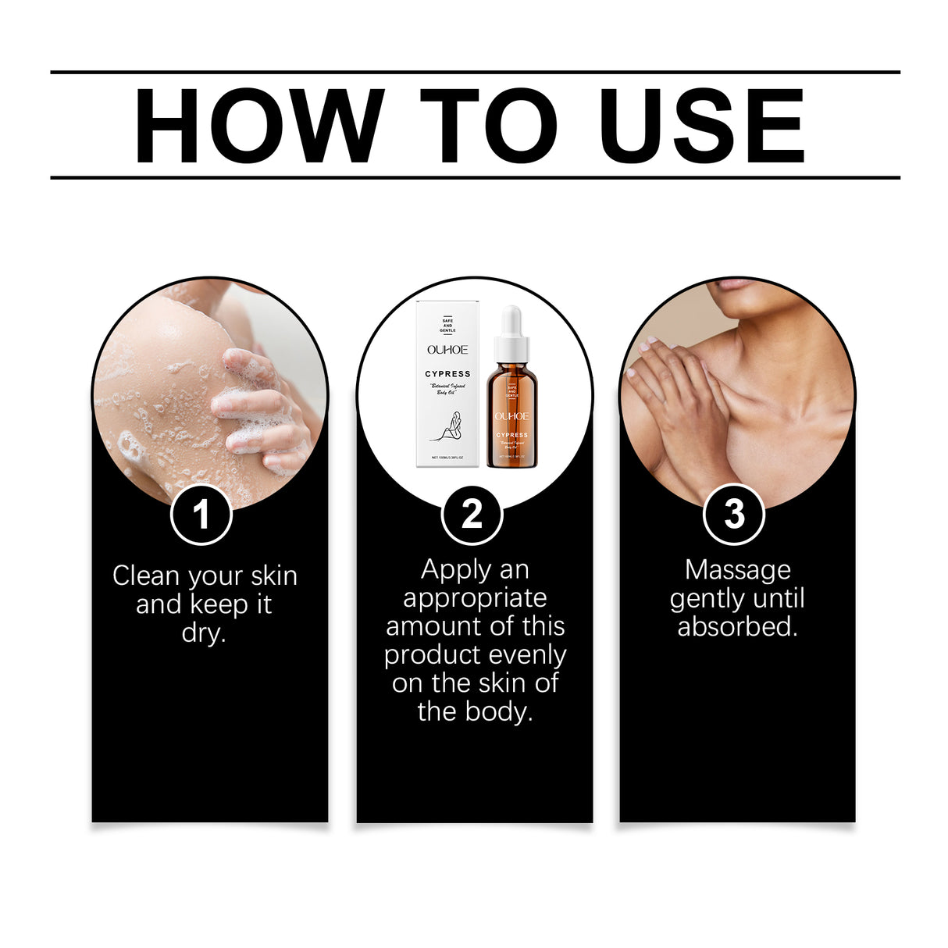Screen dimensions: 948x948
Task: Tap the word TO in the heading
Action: click(x=489, y=127)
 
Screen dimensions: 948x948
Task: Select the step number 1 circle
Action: click(x=201, y=515)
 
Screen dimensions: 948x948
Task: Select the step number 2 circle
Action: click(x=472, y=515)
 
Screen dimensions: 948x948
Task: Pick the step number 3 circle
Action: click(x=734, y=515)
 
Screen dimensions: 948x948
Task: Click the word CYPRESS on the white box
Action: click(x=447, y=374)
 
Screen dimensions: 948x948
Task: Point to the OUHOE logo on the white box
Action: click(x=447, y=350)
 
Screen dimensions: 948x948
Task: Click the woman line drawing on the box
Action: click(x=451, y=427)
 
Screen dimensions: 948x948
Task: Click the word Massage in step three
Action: click(x=737, y=570)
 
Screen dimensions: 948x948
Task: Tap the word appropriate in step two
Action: click(x=475, y=598)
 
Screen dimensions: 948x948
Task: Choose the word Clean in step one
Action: click(x=146, y=576)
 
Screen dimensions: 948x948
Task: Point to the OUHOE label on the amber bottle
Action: click(x=511, y=416)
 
